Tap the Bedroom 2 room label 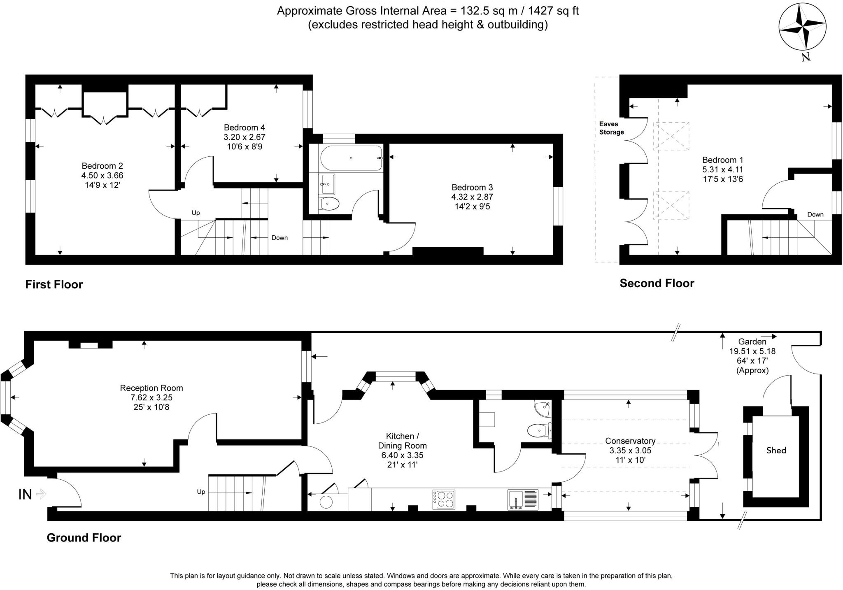tap(102, 166)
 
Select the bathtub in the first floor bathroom tap(351, 158)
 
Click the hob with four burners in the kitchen tap(444, 499)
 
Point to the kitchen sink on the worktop tap(523, 499)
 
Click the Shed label tap(776, 451)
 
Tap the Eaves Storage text tap(611, 128)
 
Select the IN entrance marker tap(26, 494)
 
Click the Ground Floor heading tap(84, 538)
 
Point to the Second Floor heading tap(657, 283)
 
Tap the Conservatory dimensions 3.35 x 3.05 tap(630, 450)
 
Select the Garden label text tap(752, 341)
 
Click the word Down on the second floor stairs tap(815, 214)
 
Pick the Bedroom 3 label tap(472, 187)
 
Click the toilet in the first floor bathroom tap(329, 203)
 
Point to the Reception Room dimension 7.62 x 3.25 tap(151, 397)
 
